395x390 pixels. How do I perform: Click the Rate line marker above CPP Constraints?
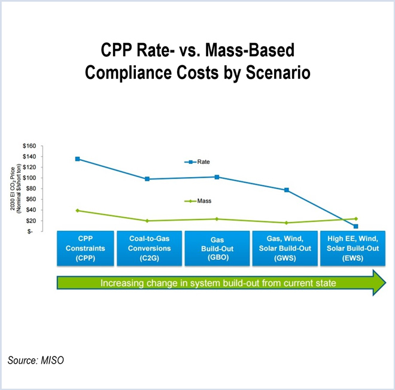coord(77,159)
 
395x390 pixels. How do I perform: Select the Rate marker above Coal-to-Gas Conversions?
coord(147,179)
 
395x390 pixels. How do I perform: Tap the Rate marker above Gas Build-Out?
coord(217,177)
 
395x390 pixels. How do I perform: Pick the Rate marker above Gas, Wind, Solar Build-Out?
coord(287,190)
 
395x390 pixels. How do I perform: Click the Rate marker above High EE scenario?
coord(355,226)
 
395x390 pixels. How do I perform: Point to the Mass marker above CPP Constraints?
coord(77,211)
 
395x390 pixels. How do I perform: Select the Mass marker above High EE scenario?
coord(355,219)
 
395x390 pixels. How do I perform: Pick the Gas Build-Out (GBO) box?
coord(217,248)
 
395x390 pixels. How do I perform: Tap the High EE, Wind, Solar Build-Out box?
coord(351,248)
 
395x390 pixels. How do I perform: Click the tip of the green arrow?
coord(386,282)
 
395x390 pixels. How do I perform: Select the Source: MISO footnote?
coord(35,360)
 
